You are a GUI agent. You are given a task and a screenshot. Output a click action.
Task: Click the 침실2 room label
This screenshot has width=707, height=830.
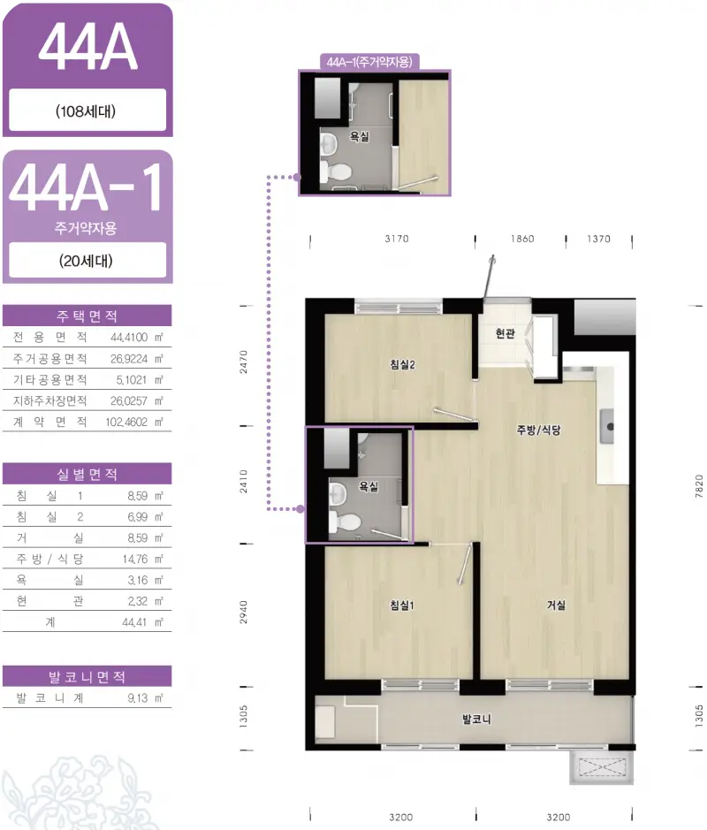click(x=402, y=364)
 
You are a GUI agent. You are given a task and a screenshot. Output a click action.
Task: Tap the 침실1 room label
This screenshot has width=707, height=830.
click(x=401, y=605)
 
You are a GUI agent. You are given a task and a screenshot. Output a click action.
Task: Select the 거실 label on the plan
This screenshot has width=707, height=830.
click(x=556, y=605)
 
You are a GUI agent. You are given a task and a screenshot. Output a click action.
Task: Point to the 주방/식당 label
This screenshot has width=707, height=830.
click(x=538, y=430)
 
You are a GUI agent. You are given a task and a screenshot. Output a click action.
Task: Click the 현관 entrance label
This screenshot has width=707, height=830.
click(x=505, y=333)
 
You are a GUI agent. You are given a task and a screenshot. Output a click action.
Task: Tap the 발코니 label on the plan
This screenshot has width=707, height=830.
click(x=476, y=719)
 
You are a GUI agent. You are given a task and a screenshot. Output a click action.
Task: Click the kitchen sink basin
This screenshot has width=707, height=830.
click(x=606, y=426)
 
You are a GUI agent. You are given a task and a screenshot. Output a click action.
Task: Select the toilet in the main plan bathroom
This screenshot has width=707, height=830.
click(x=345, y=522)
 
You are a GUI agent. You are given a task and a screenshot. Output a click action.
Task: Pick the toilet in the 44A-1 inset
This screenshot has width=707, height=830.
click(x=336, y=171)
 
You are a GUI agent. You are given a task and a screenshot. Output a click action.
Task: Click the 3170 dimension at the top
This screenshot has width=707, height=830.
click(x=397, y=239)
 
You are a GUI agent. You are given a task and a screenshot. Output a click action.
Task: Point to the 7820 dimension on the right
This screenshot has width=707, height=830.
click(x=699, y=486)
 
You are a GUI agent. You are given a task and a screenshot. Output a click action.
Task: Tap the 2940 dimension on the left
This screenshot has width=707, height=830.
click(x=243, y=612)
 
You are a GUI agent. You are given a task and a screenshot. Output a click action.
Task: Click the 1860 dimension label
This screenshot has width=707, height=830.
click(x=522, y=239)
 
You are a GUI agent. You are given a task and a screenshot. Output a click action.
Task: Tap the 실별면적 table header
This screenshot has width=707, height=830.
click(x=87, y=474)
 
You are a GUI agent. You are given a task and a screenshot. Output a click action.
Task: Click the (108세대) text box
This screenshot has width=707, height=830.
click(x=87, y=110)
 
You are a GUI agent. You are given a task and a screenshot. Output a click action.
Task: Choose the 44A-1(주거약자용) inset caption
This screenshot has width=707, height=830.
click(x=369, y=62)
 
